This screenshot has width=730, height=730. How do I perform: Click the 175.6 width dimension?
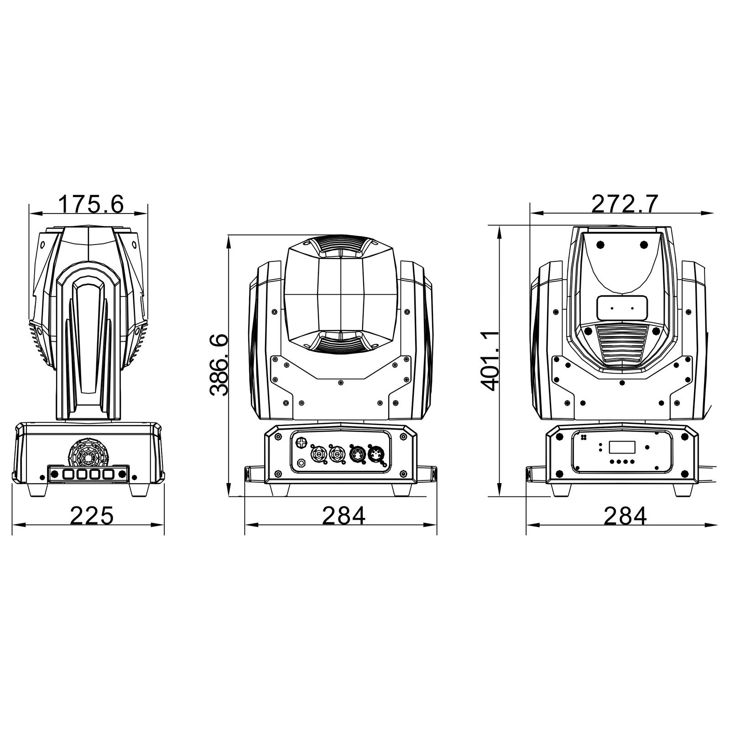[91, 204]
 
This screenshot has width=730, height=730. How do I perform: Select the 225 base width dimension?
[91, 516]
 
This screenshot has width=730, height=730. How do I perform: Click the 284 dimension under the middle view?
[344, 516]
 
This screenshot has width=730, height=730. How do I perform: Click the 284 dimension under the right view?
[625, 516]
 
